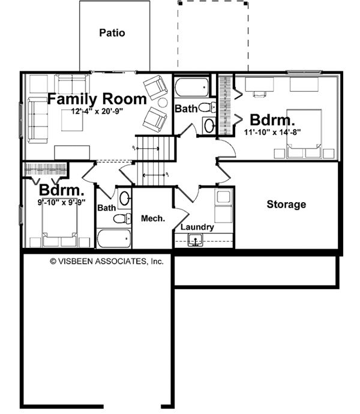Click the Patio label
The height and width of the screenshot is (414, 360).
[x=112, y=33]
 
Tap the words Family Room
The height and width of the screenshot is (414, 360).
[x=97, y=98]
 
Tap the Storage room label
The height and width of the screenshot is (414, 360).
[x=286, y=205]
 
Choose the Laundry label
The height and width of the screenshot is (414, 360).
[x=197, y=227]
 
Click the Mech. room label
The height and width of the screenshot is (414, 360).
[x=153, y=219]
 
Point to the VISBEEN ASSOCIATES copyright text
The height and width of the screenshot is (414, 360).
[x=107, y=261]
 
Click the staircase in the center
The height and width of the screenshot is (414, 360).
[x=153, y=160]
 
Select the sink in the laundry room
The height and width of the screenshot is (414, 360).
[x=195, y=241]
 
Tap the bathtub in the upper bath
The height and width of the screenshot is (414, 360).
[x=192, y=88]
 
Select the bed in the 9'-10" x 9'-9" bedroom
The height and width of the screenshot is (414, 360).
[x=59, y=230]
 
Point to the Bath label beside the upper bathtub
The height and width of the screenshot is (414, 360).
[x=185, y=109]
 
